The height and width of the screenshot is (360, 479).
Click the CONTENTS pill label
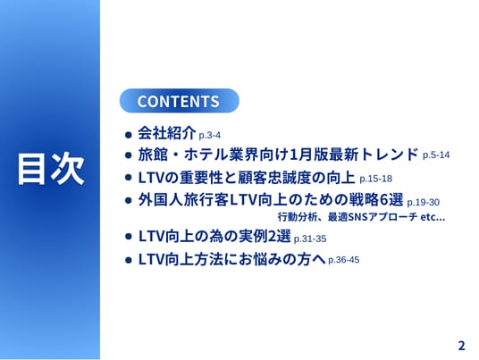point(179,101)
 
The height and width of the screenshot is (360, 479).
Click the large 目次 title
point(51,169)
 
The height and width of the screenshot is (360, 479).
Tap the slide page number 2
point(461,346)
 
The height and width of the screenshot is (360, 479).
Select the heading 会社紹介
point(167,133)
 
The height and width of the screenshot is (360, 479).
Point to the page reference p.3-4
point(209,135)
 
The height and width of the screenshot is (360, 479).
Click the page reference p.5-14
point(436,155)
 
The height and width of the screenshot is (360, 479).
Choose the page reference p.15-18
point(375,179)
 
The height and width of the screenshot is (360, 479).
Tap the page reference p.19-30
point(423,202)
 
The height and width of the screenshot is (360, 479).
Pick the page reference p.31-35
point(310,239)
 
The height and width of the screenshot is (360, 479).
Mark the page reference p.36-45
point(344,260)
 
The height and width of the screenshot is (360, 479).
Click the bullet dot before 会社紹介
point(129,135)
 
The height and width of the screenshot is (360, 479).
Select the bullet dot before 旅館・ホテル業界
point(129,155)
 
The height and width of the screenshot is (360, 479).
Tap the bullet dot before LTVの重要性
point(129,178)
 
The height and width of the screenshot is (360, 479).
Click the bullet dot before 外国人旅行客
point(129,201)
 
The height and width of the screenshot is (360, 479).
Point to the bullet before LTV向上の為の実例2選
point(129,237)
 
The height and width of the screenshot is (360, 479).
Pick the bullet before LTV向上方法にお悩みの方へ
point(129,260)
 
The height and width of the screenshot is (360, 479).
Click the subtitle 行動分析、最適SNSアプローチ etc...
point(361,217)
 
